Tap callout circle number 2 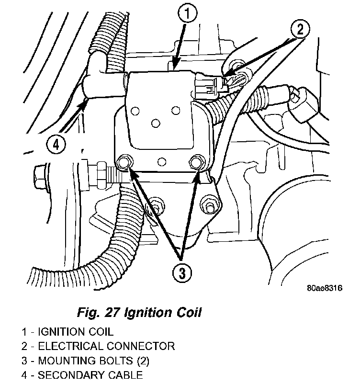(299, 30)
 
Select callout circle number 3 (181, 272)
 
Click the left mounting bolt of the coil (124, 163)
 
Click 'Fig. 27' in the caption (99, 313)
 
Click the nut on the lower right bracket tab (209, 205)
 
